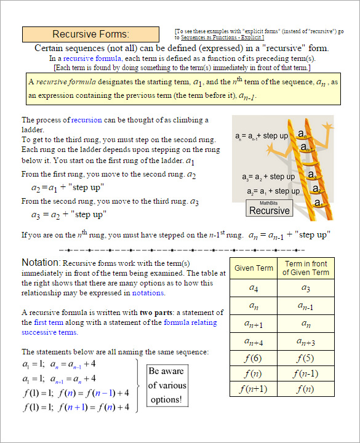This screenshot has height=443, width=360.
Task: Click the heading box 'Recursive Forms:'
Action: click(90, 34)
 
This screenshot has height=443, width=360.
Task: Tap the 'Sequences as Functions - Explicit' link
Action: click(222, 38)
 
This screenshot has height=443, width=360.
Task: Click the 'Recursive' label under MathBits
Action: click(269, 210)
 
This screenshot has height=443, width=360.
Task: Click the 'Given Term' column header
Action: click(254, 268)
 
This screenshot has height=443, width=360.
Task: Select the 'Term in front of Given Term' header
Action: click(306, 268)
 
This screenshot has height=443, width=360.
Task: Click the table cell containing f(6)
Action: click(254, 358)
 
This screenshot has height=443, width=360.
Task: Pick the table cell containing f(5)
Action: click(306, 358)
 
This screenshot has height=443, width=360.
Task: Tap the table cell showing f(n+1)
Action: click(254, 389)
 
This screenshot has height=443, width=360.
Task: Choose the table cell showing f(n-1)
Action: click(306, 373)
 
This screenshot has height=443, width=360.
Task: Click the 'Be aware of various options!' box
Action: click(166, 386)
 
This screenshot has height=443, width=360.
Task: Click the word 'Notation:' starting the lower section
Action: click(41, 263)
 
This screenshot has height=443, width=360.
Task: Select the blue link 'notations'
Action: click(148, 293)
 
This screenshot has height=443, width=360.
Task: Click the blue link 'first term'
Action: click(49, 322)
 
